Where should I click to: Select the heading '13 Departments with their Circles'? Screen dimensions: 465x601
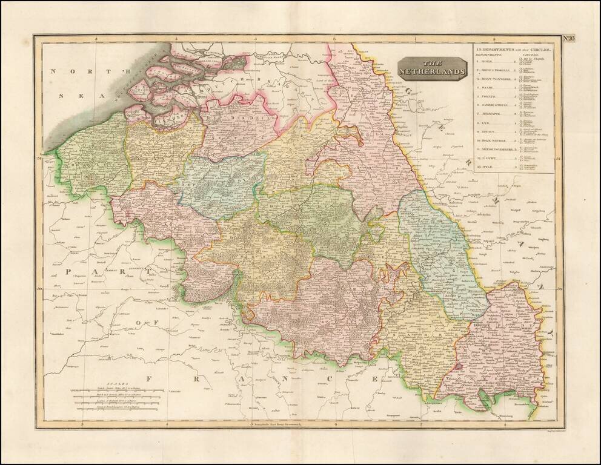(x=505, y=48)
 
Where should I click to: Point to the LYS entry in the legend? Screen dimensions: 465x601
(x=486, y=122)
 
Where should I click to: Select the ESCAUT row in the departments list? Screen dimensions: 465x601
(x=489, y=131)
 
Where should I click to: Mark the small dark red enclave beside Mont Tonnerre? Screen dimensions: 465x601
(x=459, y=366)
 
